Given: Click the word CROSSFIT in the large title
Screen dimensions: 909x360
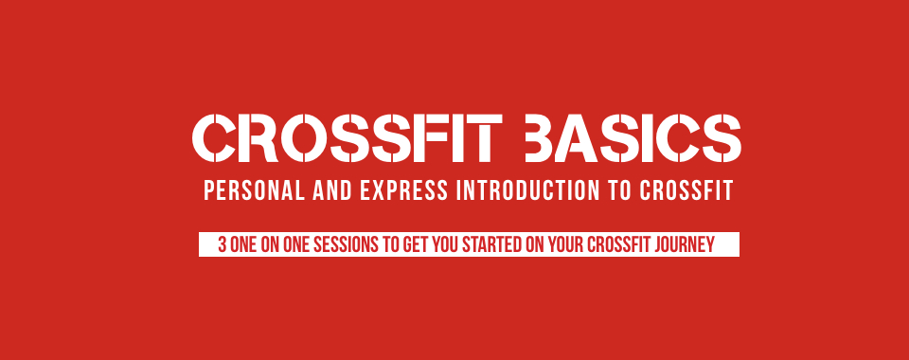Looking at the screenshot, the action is click(x=347, y=138).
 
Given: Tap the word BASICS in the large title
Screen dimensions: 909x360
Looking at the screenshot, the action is click(x=633, y=138).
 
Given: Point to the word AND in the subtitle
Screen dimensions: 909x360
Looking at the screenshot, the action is click(x=332, y=190).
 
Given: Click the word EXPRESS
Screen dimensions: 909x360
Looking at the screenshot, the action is click(x=403, y=190).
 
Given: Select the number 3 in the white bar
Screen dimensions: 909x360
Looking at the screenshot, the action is click(x=222, y=244).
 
